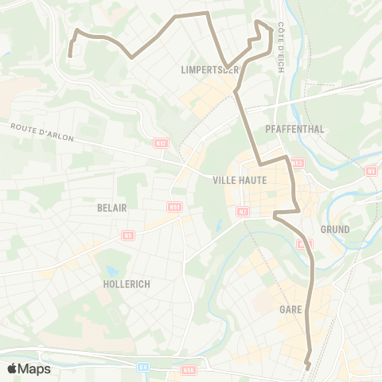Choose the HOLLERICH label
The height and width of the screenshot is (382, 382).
click(127, 283)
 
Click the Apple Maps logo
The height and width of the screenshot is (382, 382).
click(29, 368)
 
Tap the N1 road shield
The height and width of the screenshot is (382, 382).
click(371, 170)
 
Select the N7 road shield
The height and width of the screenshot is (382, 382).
click(243, 212)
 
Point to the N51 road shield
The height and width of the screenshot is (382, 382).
click(174, 207)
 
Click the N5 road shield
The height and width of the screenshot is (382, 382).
click(128, 236)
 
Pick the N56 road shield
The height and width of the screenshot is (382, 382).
click(188, 370)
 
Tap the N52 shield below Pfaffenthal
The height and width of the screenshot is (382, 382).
click(297, 162)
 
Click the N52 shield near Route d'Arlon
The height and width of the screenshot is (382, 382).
click(162, 143)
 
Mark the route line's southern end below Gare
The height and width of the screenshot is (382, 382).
click(307, 367)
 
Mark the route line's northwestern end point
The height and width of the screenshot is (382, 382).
click(70, 55)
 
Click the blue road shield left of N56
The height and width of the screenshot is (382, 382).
click(143, 367)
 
